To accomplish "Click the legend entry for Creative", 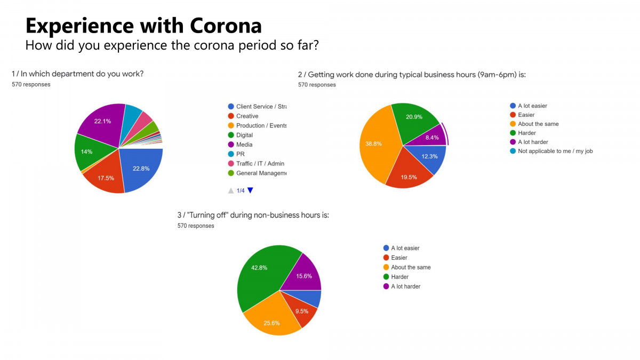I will coord(247,116).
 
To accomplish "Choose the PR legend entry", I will coord(240,154).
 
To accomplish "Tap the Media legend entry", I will coord(244,145).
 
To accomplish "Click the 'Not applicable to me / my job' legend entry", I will coord(555,151).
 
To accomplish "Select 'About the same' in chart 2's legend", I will coord(538,124).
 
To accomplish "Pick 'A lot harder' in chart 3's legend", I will coord(405,286).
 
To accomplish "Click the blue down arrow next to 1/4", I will coord(250,190).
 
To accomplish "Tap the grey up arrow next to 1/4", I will coord(231,190).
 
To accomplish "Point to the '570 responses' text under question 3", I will coord(196,226).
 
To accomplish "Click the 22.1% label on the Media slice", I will coord(102,122).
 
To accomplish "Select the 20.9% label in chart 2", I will coord(414,117).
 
